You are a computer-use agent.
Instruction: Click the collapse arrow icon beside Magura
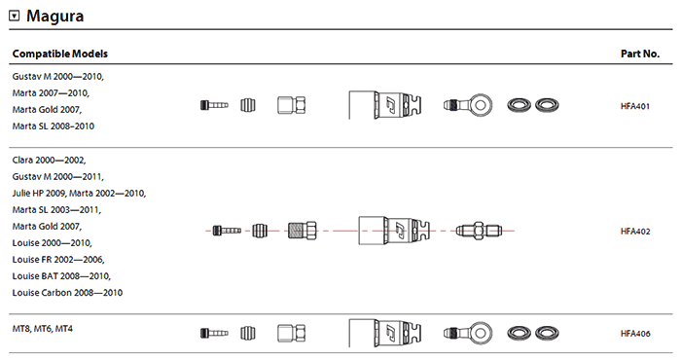click(15, 17)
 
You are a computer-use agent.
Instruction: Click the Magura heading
click(54, 17)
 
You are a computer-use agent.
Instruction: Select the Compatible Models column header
click(60, 54)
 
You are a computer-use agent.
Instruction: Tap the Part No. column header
click(640, 54)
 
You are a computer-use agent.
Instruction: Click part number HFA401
click(635, 106)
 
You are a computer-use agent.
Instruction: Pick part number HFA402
click(635, 232)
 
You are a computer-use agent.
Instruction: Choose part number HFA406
click(635, 334)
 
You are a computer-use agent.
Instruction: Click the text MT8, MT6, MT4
click(42, 329)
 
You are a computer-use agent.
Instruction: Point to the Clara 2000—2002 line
click(49, 161)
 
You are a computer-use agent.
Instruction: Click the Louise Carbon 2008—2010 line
click(67, 293)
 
